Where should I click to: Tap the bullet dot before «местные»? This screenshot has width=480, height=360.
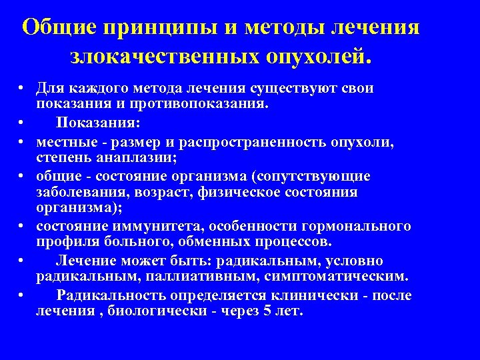pos(23,142)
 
